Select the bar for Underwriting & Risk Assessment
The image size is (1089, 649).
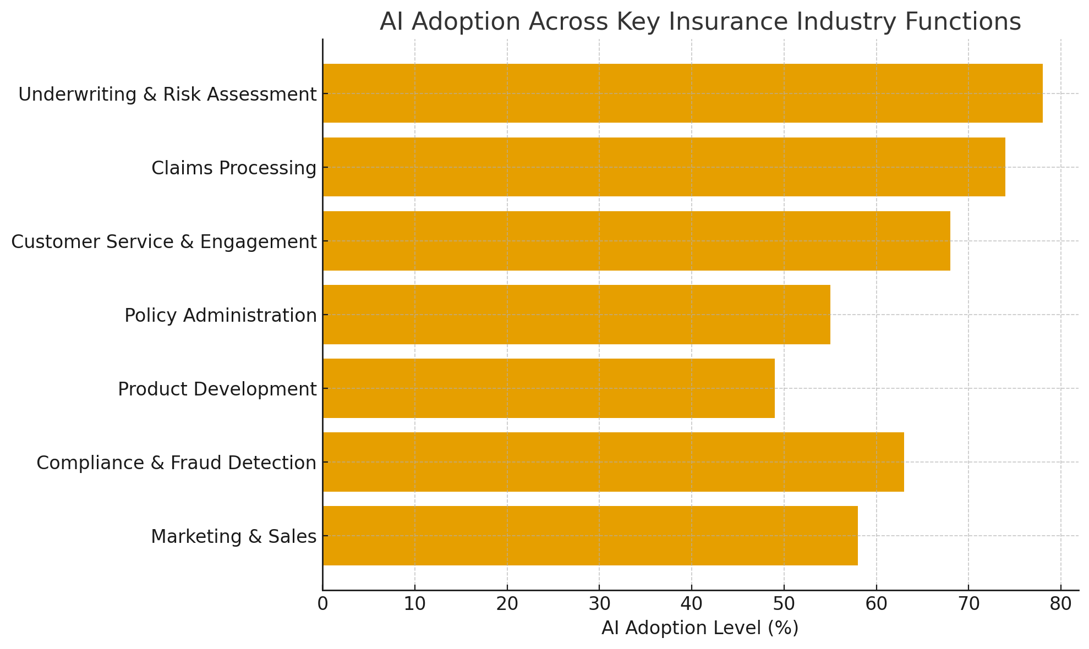pyautogui.click(x=682, y=94)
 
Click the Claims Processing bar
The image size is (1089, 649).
pyautogui.click(x=664, y=167)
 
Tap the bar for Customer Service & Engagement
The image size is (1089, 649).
pyautogui.click(x=636, y=241)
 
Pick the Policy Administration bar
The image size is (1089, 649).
pyautogui.click(x=576, y=315)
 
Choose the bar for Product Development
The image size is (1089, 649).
pyautogui.click(x=549, y=388)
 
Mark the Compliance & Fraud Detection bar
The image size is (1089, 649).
pyautogui.click(x=613, y=462)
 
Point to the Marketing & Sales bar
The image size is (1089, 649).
pyautogui.click(x=590, y=536)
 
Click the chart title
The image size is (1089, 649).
pyautogui.click(x=700, y=22)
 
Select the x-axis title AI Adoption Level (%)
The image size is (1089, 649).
pyautogui.click(x=700, y=628)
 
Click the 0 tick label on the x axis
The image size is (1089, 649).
pyautogui.click(x=323, y=604)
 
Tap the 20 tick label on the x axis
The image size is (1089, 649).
pyautogui.click(x=507, y=604)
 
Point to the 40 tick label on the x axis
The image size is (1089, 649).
pyautogui.click(x=692, y=604)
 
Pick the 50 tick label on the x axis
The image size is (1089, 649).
pyautogui.click(x=784, y=604)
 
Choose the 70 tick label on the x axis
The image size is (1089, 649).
pyautogui.click(x=968, y=604)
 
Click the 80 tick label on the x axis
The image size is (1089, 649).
pyautogui.click(x=1061, y=604)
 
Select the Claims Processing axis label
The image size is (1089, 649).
pyautogui.click(x=234, y=168)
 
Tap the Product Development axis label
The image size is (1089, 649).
pyautogui.click(x=217, y=389)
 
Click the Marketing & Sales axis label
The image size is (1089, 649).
pyautogui.click(x=234, y=536)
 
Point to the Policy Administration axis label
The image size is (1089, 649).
pyautogui.click(x=221, y=316)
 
